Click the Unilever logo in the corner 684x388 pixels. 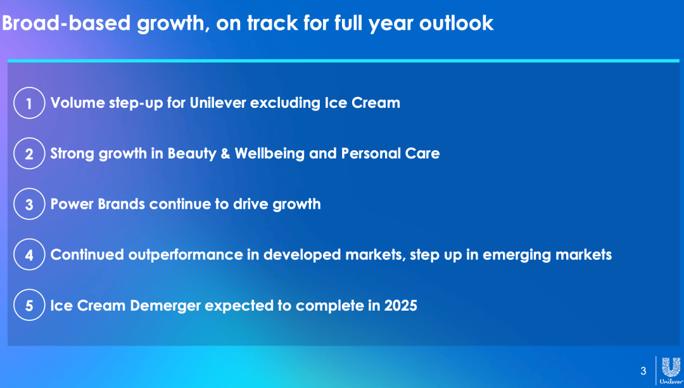(671, 370)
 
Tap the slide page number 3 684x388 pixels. (643, 371)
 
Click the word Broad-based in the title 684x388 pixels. (66, 23)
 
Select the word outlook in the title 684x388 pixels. (456, 23)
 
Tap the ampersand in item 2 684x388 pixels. (225, 153)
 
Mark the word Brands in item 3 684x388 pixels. (121, 204)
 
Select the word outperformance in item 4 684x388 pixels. (186, 255)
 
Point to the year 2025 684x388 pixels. (400, 305)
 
